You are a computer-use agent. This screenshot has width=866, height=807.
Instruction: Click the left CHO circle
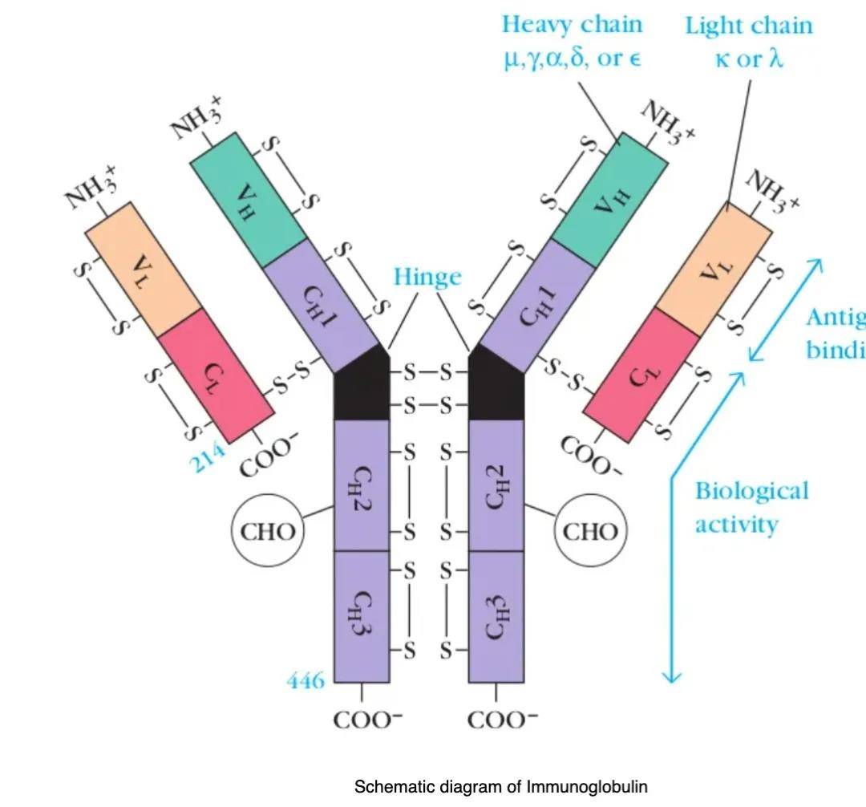pyautogui.click(x=267, y=530)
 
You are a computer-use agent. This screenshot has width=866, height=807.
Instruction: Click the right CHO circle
pyautogui.click(x=591, y=530)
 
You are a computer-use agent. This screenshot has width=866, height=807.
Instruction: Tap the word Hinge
pyautogui.click(x=427, y=277)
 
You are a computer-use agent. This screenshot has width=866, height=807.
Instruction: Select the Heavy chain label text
pyautogui.click(x=573, y=24)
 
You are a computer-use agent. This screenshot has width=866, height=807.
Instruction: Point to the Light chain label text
pyautogui.click(x=748, y=26)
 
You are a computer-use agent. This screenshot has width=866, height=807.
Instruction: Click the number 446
pyautogui.click(x=306, y=681)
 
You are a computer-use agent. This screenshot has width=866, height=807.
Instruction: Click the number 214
pyautogui.click(x=207, y=458)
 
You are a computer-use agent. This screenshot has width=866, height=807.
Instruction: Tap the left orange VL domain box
pyautogui.click(x=144, y=269)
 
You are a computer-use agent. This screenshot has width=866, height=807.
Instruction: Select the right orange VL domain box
pyautogui.click(x=714, y=269)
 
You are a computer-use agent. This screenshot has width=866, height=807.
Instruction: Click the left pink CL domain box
pyautogui.click(x=215, y=375)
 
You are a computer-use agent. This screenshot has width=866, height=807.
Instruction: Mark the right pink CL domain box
pyautogui.click(x=641, y=375)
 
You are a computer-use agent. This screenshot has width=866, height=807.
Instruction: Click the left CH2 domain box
pyautogui.click(x=362, y=485)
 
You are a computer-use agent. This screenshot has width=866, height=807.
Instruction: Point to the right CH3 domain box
pyautogui.click(x=496, y=615)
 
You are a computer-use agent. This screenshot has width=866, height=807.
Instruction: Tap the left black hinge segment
pyautogui.click(x=362, y=389)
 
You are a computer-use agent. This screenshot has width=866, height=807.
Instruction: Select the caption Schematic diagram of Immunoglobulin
pyautogui.click(x=500, y=786)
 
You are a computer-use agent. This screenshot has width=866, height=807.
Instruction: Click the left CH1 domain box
pyautogui.click(x=321, y=305)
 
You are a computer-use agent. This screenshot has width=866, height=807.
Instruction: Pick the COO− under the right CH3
pyautogui.click(x=503, y=719)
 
